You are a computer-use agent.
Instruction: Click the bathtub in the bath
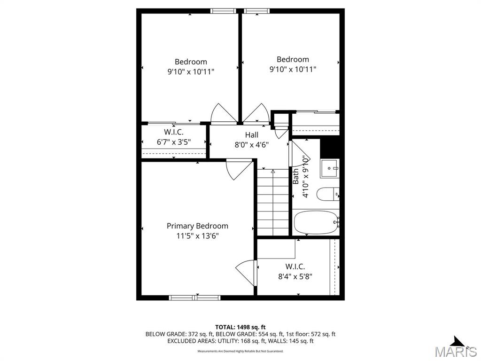316,222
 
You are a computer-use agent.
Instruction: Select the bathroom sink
329,168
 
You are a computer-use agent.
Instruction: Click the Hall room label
252,135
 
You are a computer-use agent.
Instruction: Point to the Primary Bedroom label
197,226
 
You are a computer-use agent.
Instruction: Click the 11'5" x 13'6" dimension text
197,236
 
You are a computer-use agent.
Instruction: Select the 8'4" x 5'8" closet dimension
295,276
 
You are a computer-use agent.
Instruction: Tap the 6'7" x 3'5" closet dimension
174,142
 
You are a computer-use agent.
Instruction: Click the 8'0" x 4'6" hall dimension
252,145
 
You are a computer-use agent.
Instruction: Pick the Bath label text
295,177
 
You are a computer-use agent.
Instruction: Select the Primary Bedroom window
194,298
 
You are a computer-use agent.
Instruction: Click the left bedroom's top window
224,11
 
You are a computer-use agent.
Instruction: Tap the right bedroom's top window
257,11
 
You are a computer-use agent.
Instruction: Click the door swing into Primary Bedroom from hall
239,169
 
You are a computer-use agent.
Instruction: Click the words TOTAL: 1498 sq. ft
240,327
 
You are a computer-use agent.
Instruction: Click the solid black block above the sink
330,148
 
